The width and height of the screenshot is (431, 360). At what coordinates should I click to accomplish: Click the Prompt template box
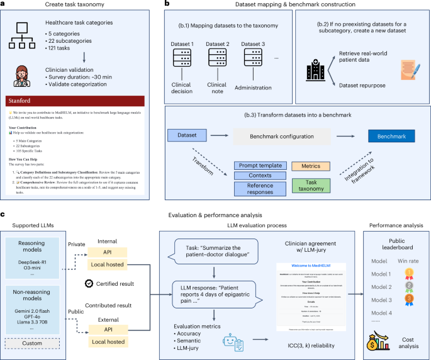pyautogui.click(x=259, y=166)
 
